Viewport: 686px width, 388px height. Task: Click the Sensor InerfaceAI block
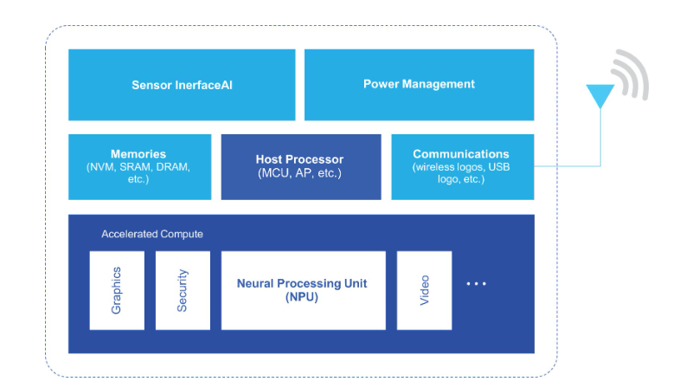pyautogui.click(x=182, y=85)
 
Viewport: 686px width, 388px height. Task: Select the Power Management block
pyautogui.click(x=419, y=84)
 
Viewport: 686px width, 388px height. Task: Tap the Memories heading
pyautogui.click(x=138, y=154)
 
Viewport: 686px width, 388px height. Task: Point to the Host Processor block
pyautogui.click(x=299, y=166)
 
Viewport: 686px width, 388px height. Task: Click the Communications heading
pyautogui.click(x=461, y=154)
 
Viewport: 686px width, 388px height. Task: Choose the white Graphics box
pyautogui.click(x=117, y=290)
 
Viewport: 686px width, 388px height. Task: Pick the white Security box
pyautogui.click(x=183, y=290)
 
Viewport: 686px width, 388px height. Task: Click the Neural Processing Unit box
pyautogui.click(x=303, y=290)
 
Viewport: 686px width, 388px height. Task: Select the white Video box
pyautogui.click(x=424, y=290)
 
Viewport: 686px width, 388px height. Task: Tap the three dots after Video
pyautogui.click(x=477, y=283)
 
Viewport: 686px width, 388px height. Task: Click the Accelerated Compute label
pyautogui.click(x=152, y=234)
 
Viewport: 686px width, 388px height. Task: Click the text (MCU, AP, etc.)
pyautogui.click(x=300, y=173)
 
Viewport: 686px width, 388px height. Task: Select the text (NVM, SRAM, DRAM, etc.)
pyautogui.click(x=138, y=172)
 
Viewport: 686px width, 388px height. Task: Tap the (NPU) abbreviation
pyautogui.click(x=302, y=297)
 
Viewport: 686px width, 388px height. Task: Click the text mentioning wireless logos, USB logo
pyautogui.click(x=461, y=172)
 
